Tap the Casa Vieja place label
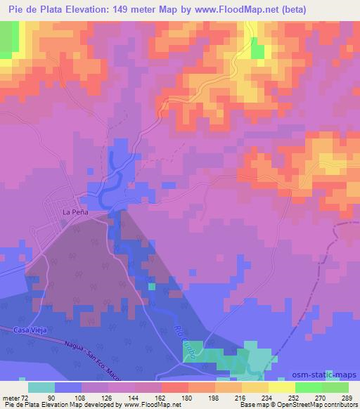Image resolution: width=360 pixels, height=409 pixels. pos(30,330)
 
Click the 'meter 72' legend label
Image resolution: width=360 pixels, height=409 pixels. pos(15,397)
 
